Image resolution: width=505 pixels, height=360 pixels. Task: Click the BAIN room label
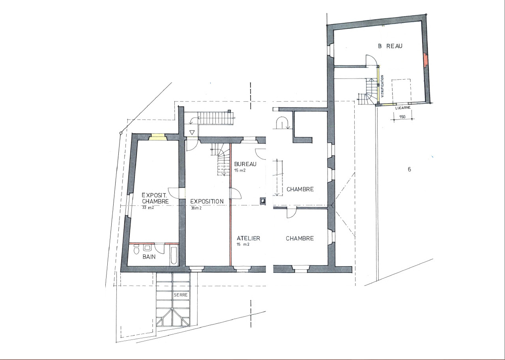(x=149, y=257)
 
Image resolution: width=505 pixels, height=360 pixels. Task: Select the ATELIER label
(x=248, y=238)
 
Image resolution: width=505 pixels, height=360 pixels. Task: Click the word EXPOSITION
(x=207, y=201)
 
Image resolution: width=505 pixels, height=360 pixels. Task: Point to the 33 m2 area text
(x=148, y=208)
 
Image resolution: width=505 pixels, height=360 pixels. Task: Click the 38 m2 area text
(x=196, y=208)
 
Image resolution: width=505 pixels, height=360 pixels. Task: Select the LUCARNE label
(x=403, y=107)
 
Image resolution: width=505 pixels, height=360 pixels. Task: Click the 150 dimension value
(x=402, y=117)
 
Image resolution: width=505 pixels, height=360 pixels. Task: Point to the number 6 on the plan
(x=410, y=170)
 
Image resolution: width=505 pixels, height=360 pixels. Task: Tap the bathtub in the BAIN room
(x=174, y=256)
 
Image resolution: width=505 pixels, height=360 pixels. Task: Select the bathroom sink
(x=147, y=248)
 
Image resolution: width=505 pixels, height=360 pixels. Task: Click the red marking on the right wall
(x=425, y=60)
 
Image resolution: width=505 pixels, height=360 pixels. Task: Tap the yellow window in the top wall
(x=158, y=137)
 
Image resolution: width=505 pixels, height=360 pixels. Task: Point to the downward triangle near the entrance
(x=192, y=132)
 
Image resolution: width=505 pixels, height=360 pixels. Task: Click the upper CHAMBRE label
(x=300, y=189)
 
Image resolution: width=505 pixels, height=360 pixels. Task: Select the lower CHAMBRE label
(x=300, y=238)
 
